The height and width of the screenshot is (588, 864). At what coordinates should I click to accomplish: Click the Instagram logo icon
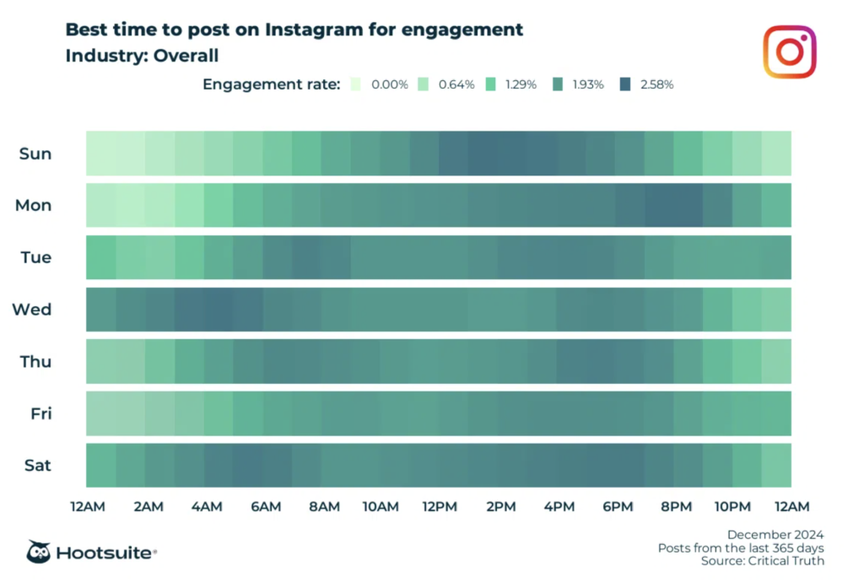[790, 51]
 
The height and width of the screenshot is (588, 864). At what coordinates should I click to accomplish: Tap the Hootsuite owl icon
[39, 553]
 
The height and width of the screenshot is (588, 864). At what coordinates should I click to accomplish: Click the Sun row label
[35, 154]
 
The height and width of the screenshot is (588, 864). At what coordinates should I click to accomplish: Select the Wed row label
[32, 310]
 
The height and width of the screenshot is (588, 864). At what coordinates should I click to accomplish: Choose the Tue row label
[35, 257]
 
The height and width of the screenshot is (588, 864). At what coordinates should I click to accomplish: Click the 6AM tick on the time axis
[265, 507]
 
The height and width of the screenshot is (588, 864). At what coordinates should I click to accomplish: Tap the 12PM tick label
[440, 507]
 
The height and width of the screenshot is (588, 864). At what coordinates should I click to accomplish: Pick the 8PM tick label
[675, 507]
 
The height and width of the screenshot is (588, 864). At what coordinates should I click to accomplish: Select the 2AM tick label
[148, 507]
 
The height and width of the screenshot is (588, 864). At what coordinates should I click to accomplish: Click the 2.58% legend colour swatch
[625, 84]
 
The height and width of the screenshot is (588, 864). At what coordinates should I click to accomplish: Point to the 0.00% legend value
[391, 84]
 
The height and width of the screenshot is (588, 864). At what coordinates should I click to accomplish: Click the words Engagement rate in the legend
[271, 84]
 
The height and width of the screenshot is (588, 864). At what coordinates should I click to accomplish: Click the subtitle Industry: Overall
[143, 57]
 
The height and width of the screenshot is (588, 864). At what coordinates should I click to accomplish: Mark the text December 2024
[775, 535]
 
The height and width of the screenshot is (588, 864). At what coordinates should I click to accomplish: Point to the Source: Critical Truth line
[762, 561]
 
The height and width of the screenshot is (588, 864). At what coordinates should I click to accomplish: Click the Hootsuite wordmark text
[105, 553]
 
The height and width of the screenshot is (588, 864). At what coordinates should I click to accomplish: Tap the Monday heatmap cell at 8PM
[675, 205]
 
